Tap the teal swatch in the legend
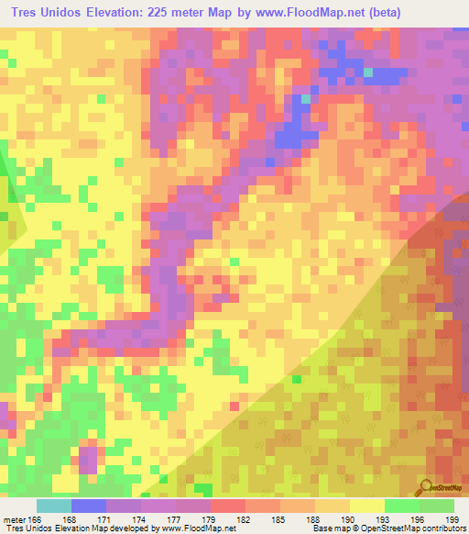pos(54,506)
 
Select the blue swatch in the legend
pos(89,506)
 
